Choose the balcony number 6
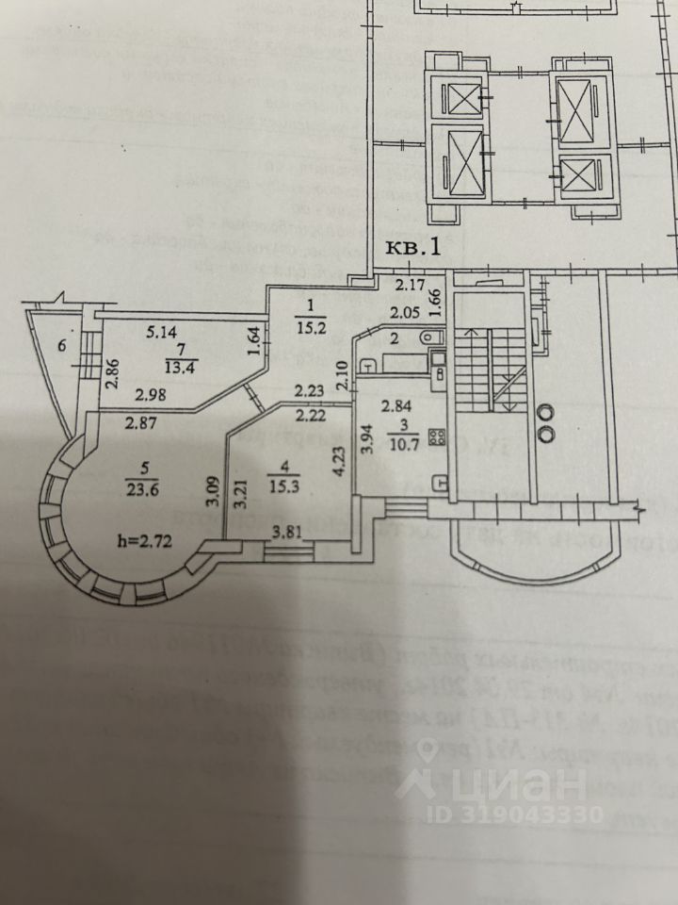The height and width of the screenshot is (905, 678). tap(62, 345)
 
